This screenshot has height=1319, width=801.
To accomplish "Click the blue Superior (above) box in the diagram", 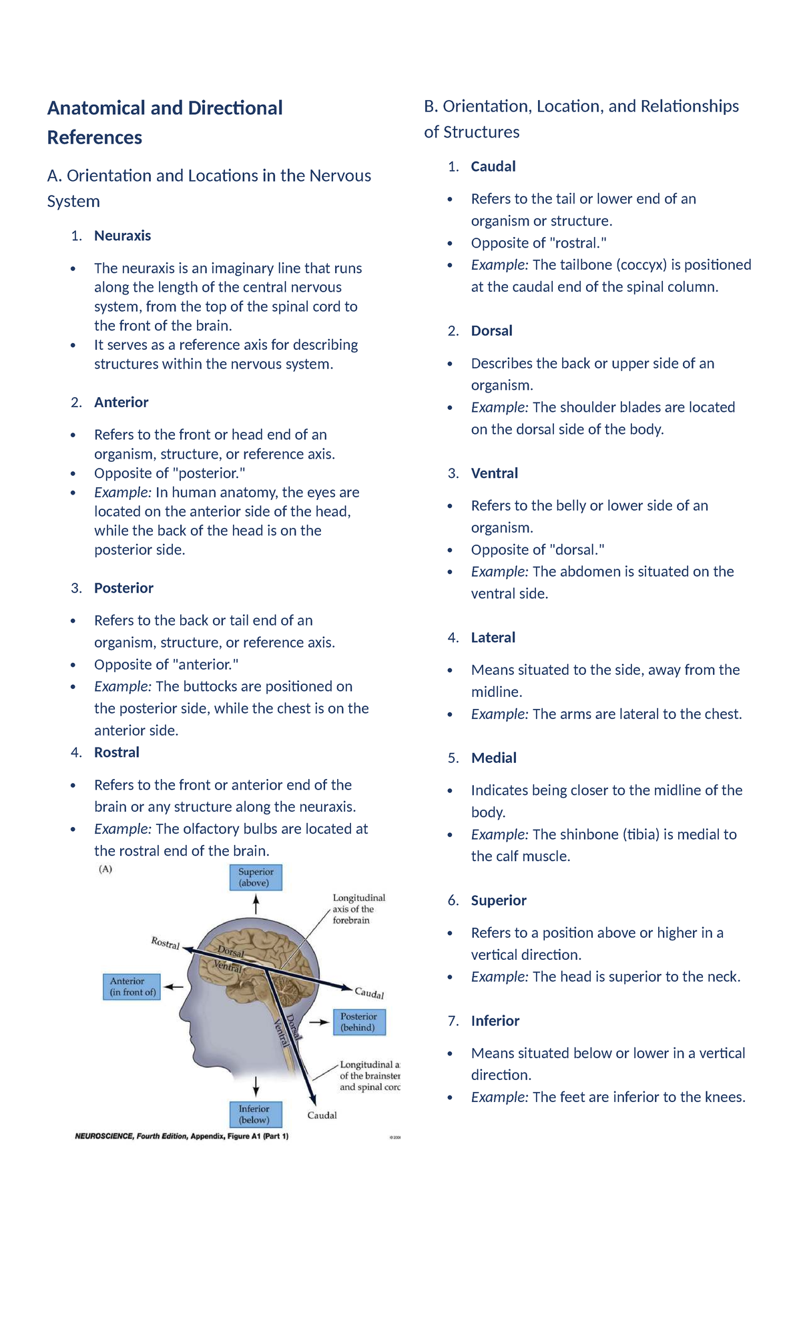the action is (x=256, y=877).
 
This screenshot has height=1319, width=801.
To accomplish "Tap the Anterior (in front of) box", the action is (x=133, y=987).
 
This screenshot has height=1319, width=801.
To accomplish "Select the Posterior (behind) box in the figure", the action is (x=359, y=1022).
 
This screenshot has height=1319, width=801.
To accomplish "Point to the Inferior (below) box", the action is (x=256, y=1115).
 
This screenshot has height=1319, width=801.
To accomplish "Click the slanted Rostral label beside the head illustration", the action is (x=166, y=943).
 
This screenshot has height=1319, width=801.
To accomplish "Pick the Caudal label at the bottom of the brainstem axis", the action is (x=322, y=1115).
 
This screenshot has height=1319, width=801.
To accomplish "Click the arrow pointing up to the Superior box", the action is (x=256, y=904).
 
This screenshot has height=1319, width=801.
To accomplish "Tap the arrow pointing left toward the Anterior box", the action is (x=174, y=987).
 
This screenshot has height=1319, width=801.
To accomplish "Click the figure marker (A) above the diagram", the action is (x=105, y=869).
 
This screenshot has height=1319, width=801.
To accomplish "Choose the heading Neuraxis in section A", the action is (x=123, y=236).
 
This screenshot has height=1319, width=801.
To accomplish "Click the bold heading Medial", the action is (x=494, y=758).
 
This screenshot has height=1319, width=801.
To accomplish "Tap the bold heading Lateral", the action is (x=493, y=637).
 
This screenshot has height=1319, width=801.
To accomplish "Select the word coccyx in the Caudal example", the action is (x=641, y=265).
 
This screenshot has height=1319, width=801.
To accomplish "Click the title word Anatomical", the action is (x=96, y=108).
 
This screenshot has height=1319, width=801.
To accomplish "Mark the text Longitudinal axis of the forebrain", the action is (x=359, y=909).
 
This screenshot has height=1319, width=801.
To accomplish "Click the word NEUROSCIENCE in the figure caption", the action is (x=105, y=1136).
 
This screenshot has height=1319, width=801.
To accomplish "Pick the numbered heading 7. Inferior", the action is (x=483, y=1021).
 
